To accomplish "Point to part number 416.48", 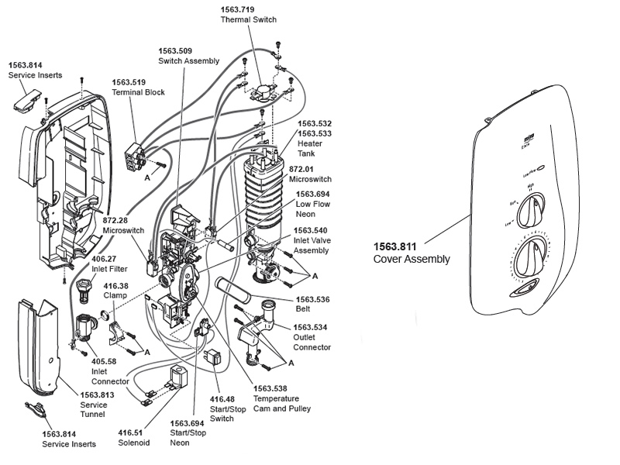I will click(222, 399).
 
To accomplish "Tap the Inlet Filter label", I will click(110, 269).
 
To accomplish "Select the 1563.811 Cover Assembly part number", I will click(395, 247).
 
